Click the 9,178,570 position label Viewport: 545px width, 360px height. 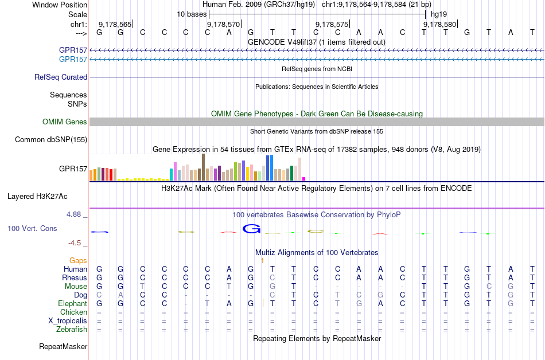223,24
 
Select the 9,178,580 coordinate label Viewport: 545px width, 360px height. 440,24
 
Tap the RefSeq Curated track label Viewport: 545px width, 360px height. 61,77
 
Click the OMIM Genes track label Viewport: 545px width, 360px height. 65,122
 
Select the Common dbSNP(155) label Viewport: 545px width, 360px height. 51,139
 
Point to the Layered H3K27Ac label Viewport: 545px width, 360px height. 37,196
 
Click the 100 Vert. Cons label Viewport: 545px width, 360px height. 32,228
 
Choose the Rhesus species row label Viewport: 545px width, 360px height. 75,277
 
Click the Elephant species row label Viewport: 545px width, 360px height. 72,303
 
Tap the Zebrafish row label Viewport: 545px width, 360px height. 72,329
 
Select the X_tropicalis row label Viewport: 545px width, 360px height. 68,320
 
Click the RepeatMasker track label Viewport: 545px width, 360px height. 63,346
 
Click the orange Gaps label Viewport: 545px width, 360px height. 78,260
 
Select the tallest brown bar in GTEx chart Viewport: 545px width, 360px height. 203,167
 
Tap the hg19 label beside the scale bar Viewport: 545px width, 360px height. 439,14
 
